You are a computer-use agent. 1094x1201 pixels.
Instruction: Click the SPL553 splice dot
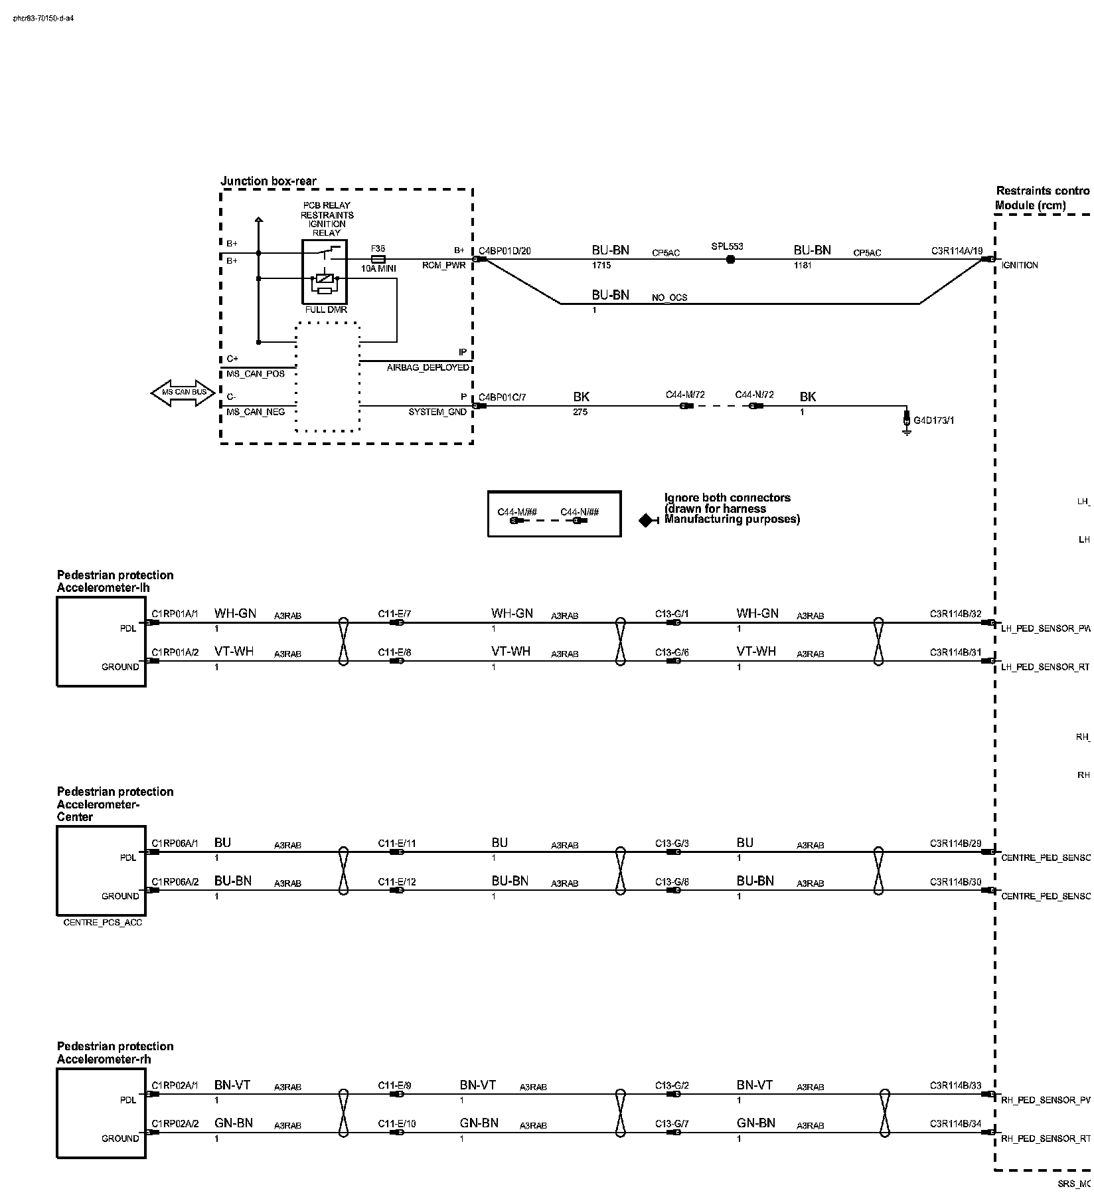[x=730, y=259]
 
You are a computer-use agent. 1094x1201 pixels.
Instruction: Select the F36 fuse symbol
[x=378, y=259]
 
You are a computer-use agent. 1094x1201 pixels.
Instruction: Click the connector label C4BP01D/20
[x=505, y=250]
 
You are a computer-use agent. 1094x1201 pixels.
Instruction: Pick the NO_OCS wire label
[x=669, y=298]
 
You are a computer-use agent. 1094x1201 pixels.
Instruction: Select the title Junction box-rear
[x=268, y=181]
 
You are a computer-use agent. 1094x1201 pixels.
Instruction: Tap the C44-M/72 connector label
[x=686, y=395]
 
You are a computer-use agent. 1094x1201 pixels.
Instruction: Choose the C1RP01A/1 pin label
[x=175, y=614]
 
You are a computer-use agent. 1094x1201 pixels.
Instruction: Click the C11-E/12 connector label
[x=397, y=881]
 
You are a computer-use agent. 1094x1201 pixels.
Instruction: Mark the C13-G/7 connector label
[x=672, y=1123]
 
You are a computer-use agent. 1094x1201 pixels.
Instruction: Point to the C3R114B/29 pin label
[x=955, y=843]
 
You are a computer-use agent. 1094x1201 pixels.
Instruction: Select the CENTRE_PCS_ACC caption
[x=102, y=923]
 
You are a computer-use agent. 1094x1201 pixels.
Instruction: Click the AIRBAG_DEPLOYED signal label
[x=428, y=367]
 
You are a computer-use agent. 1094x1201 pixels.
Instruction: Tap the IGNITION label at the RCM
[x=1020, y=265]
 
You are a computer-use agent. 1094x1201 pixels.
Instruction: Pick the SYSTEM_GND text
[x=438, y=412]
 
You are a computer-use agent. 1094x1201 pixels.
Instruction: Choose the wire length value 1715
[x=601, y=265]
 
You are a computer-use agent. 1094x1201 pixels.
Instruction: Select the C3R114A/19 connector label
[x=956, y=250]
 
